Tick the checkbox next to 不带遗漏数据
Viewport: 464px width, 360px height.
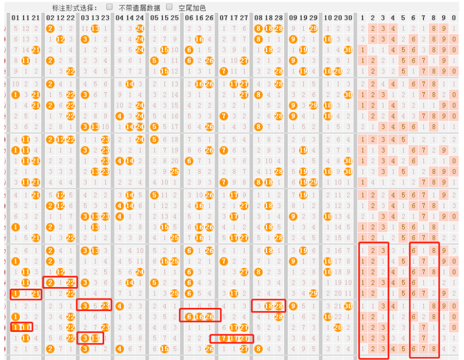pyautogui.click(x=110, y=8)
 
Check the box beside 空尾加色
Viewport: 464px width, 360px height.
pyautogui.click(x=169, y=8)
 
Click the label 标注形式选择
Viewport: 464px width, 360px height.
pyautogui.click(x=74, y=8)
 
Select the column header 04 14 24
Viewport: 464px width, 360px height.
pyautogui.click(x=130, y=18)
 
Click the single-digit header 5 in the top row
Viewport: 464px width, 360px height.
pyautogui.click(x=403, y=18)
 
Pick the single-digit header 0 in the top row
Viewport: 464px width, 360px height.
pyautogui.click(x=454, y=18)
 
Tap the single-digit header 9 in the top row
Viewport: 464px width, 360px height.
pyautogui.click(x=444, y=18)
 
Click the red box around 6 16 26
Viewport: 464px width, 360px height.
pyautogui.click(x=200, y=315)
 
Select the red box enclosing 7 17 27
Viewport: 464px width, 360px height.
pyautogui.click(x=231, y=339)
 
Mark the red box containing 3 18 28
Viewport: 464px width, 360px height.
pyautogui.click(x=268, y=306)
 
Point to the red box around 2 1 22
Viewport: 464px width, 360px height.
pyautogui.click(x=60, y=282)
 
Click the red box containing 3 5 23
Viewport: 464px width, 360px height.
pyautogui.click(x=94, y=305)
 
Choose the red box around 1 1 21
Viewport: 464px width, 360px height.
pyautogui.click(x=25, y=294)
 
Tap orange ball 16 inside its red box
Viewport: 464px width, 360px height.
pyautogui.click(x=200, y=317)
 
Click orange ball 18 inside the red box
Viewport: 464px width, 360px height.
pyautogui.click(x=268, y=306)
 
